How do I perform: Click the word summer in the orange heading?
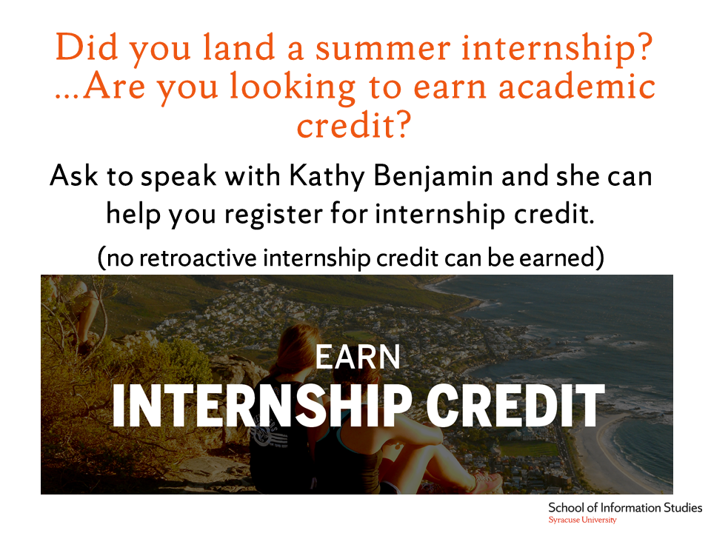pos(383,48)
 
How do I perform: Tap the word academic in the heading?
pos(577,87)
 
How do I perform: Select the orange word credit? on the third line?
pos(354,126)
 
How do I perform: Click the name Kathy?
pos(327,176)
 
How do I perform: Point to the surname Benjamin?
pos(433,176)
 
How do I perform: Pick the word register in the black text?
pos(273,214)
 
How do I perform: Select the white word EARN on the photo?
pos(358,358)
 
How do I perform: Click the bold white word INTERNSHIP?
pos(261,406)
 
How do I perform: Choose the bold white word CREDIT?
pos(515,406)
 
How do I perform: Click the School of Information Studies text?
pos(625,508)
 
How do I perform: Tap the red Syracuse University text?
pos(582,520)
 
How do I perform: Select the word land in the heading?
pos(238,47)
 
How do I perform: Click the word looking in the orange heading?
pos(293,87)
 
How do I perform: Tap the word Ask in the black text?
pos(73,175)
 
